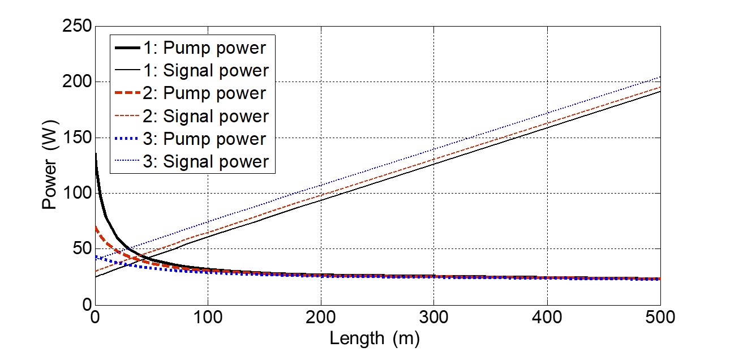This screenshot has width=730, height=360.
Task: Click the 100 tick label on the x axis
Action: coord(208,318)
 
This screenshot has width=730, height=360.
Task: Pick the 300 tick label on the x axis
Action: coord(434,318)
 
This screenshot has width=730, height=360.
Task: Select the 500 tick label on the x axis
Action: coord(660,318)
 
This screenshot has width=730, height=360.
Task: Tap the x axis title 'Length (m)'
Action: coord(375,338)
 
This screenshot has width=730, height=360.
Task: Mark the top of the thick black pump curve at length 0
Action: coord(96,153)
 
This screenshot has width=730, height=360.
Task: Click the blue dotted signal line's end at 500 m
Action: coord(660,77)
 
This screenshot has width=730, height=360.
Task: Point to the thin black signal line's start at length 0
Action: coord(96,277)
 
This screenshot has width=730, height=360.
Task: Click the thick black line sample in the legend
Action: coord(126,48)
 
